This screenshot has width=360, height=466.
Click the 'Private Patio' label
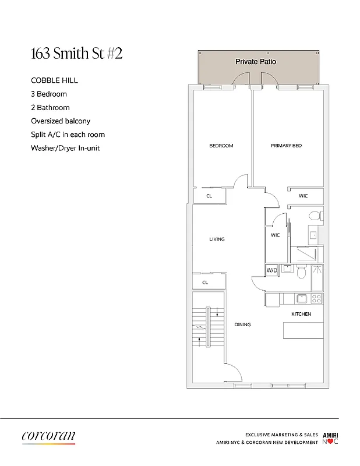[256, 61]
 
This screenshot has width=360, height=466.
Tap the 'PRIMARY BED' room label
[286, 146]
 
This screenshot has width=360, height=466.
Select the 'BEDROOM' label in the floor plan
[221, 146]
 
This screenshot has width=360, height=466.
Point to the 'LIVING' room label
[217, 239]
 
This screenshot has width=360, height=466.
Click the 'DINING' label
[242, 324]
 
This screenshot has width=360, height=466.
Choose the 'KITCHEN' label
[301, 314]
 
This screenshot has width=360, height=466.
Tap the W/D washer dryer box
[271, 270]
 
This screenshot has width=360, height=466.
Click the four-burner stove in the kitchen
[317, 299]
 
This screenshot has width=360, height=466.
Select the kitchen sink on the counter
[301, 299]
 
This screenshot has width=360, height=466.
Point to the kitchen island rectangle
[303, 330]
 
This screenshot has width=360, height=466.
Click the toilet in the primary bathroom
[314, 217]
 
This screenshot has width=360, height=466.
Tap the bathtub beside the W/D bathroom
[317, 277]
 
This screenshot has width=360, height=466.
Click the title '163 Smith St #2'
[76, 54]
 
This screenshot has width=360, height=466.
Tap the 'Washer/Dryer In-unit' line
[65, 148]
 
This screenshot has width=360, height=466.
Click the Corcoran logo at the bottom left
[49, 437]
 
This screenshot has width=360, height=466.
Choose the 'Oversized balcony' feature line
[61, 121]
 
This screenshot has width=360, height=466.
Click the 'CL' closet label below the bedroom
[209, 196]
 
